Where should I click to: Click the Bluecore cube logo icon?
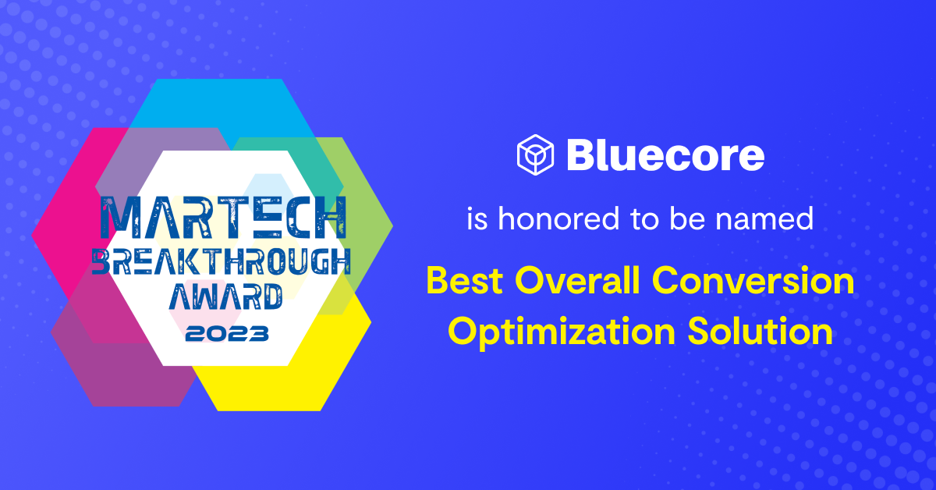535,154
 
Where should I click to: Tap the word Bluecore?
665,154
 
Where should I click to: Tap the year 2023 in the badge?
227,334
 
